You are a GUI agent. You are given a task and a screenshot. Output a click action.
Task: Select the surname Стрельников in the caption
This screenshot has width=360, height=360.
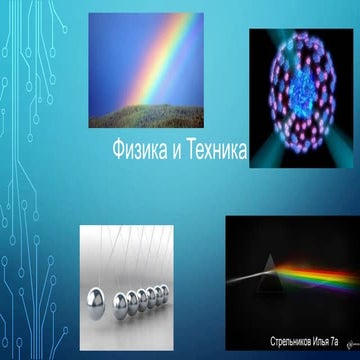tap(291, 342)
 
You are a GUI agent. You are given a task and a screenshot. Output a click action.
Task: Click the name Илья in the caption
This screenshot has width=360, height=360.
tap(328, 342)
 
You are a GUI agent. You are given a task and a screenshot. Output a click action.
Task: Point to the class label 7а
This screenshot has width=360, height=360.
tap(346, 342)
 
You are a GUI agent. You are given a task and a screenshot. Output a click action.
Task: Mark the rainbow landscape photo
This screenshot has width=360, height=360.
tap(145, 70)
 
